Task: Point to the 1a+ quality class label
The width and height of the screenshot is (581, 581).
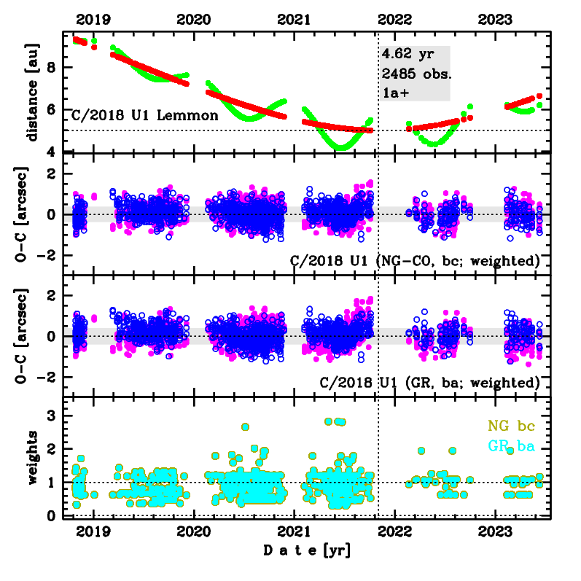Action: coord(394,93)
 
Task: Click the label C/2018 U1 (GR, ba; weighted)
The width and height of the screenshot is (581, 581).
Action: coord(430,382)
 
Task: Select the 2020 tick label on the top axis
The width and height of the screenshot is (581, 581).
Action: coord(195,20)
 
